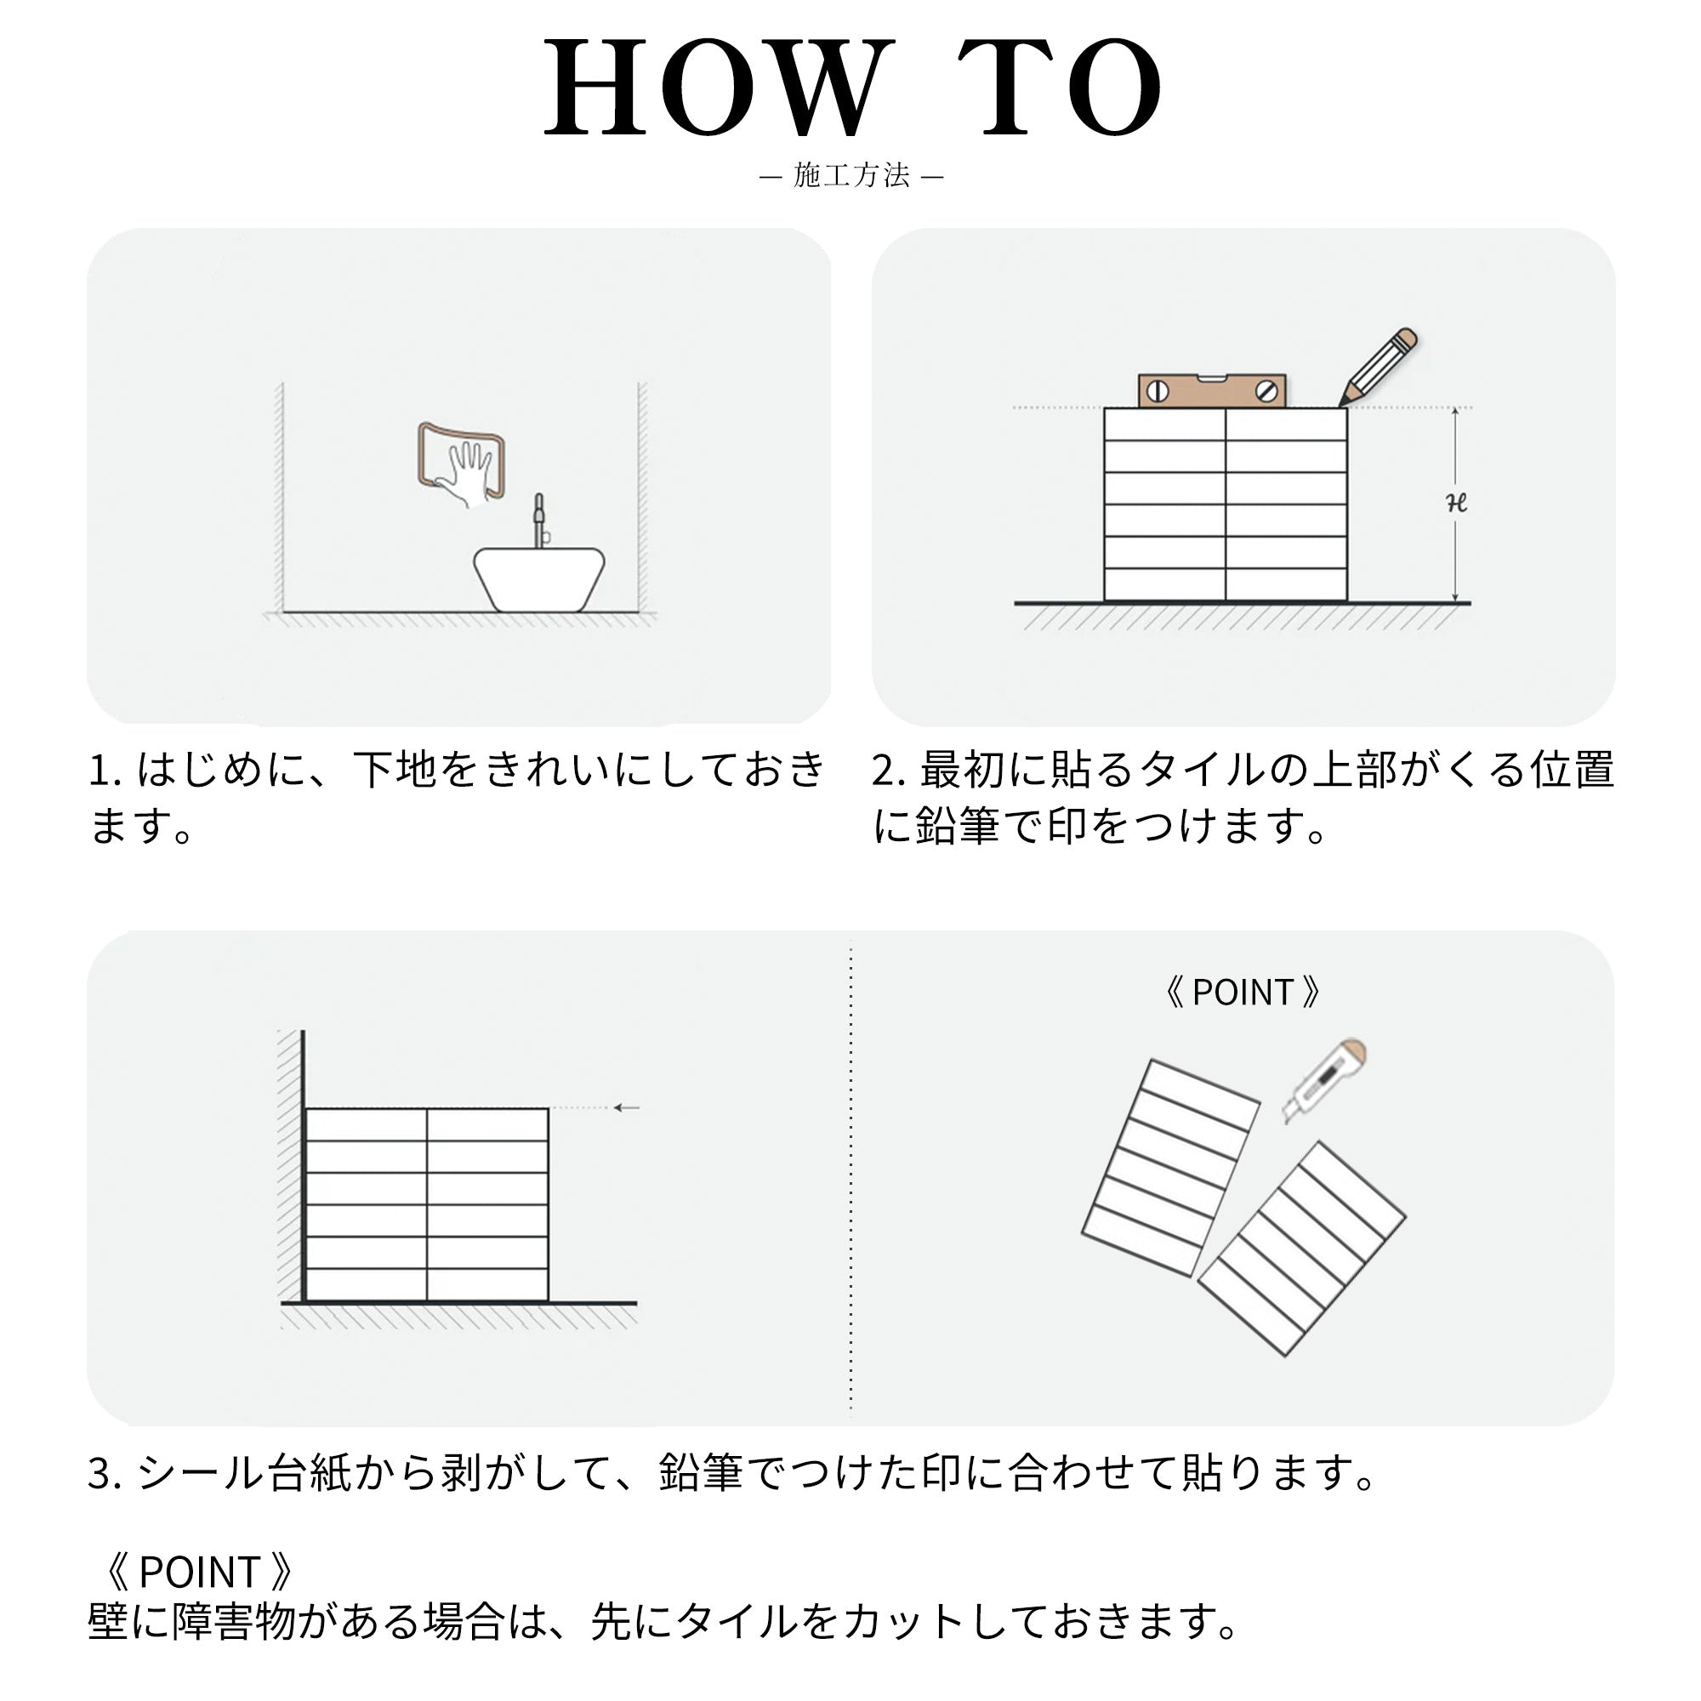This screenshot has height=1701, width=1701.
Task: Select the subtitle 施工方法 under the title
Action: pyautogui.click(x=850, y=175)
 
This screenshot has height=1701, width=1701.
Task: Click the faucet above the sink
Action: pyautogui.click(x=540, y=521)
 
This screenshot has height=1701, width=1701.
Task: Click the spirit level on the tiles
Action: pyautogui.click(x=1211, y=391)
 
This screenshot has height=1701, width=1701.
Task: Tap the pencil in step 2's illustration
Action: pyautogui.click(x=1379, y=367)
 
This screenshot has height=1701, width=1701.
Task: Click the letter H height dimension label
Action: pyautogui.click(x=1456, y=503)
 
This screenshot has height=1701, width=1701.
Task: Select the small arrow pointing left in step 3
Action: pyautogui.click(x=626, y=1107)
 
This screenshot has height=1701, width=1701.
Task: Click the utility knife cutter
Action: pyautogui.click(x=1323, y=1079)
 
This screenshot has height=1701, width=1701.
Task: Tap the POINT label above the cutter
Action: pyautogui.click(x=1242, y=993)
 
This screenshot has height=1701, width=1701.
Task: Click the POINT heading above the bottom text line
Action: pyautogui.click(x=198, y=1572)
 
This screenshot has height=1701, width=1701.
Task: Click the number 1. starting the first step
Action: pyautogui.click(x=105, y=771)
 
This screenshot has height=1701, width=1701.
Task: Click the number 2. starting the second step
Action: pyautogui.click(x=890, y=771)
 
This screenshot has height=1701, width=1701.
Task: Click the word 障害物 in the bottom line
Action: pyautogui.click(x=233, y=1622)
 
